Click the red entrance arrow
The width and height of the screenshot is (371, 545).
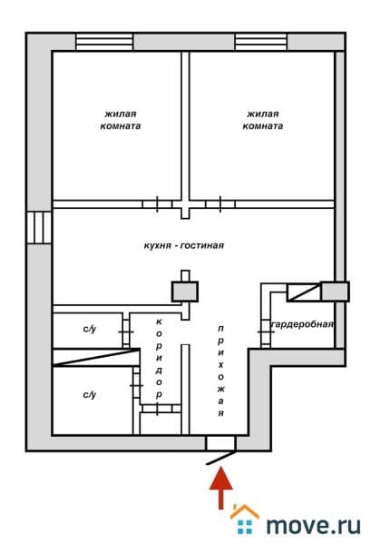pyautogui.click(x=220, y=488)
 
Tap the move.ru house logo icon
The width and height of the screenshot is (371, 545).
pyautogui.click(x=245, y=519)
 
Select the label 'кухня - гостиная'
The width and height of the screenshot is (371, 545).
pyautogui.click(x=184, y=246)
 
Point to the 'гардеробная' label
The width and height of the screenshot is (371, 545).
pyautogui.click(x=302, y=324)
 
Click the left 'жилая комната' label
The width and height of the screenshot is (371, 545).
pyautogui.click(x=121, y=120)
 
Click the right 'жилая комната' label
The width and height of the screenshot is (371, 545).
pyautogui.click(x=263, y=120)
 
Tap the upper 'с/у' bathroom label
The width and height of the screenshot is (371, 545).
pyautogui.click(x=90, y=329)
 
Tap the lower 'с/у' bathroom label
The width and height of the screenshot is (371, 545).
pyautogui.click(x=90, y=395)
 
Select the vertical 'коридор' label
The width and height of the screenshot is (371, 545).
pyautogui.click(x=159, y=358)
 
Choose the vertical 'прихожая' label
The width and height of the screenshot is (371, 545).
pyautogui.click(x=220, y=371)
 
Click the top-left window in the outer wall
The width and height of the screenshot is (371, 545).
pyautogui.click(x=104, y=42)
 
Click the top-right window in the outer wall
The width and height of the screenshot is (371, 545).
pyautogui.click(x=261, y=42)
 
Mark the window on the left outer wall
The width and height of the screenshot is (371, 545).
pyautogui.click(x=39, y=228)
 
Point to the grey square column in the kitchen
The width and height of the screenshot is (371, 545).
pyautogui.click(x=185, y=292)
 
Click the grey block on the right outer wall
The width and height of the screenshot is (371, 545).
pyautogui.click(x=335, y=292)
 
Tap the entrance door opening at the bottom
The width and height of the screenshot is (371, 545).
pyautogui.click(x=221, y=443)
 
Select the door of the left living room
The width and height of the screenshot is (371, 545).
pyautogui.click(x=157, y=204)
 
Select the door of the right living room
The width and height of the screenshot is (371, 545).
pyautogui.click(x=220, y=204)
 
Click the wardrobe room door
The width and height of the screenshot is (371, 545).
pyautogui.click(x=266, y=332)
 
